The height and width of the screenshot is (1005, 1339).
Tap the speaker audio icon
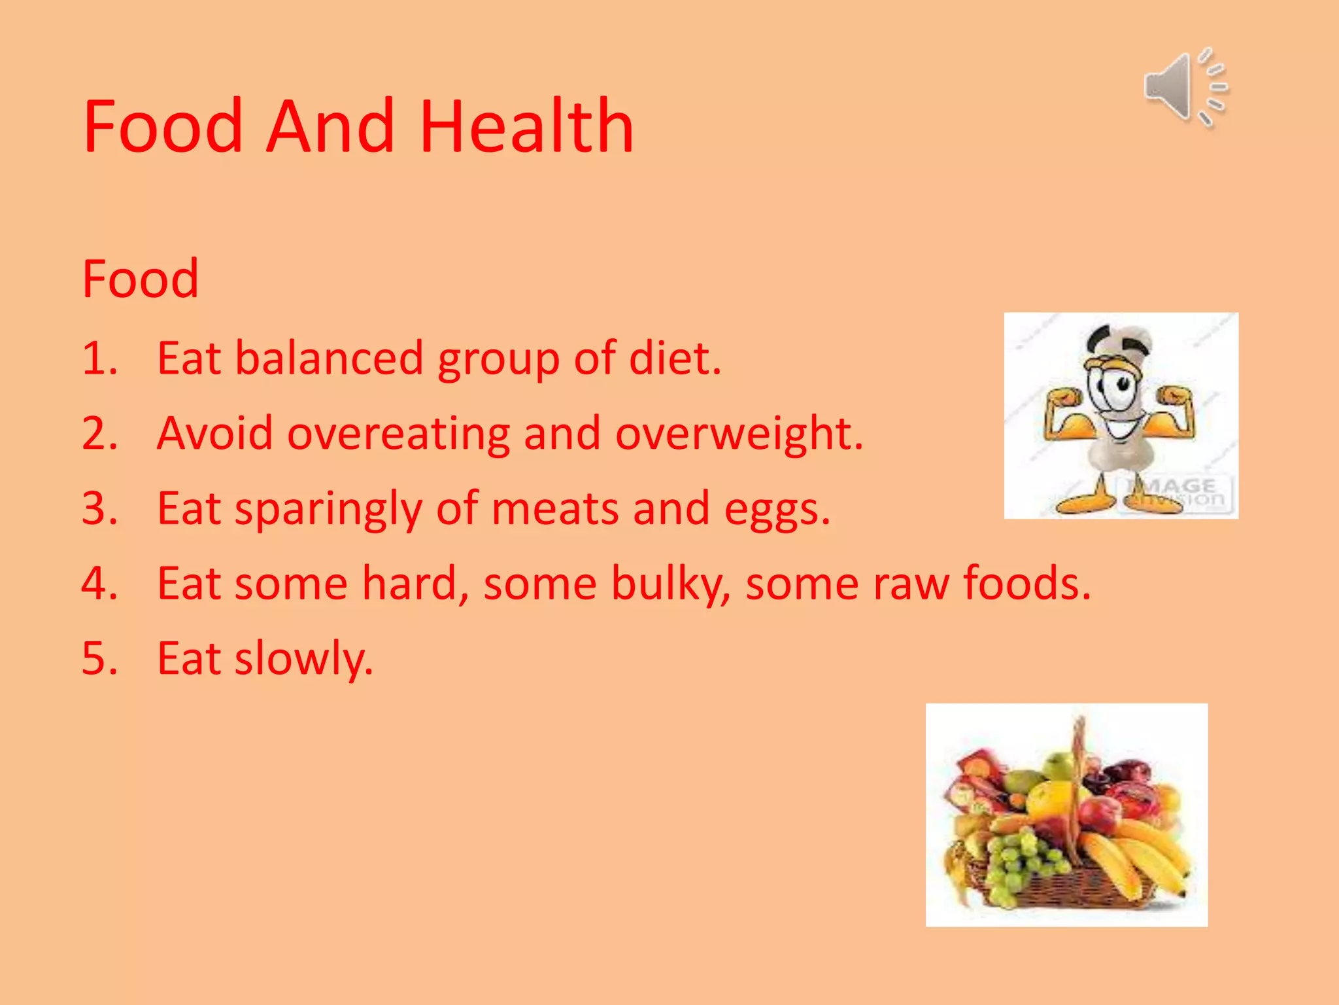coord(1185,88)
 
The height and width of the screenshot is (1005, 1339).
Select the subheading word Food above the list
coord(140,279)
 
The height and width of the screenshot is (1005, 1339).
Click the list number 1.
coord(99,359)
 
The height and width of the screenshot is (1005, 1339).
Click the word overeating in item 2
coord(398,434)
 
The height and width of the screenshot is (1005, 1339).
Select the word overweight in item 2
coord(738,435)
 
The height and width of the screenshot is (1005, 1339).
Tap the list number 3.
coord(99,508)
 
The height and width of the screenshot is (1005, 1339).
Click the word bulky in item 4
coord(669,584)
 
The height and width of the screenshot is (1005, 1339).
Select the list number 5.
coord(99,658)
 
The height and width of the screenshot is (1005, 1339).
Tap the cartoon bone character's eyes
coord(1110,386)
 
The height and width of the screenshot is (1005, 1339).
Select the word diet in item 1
coord(674,359)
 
